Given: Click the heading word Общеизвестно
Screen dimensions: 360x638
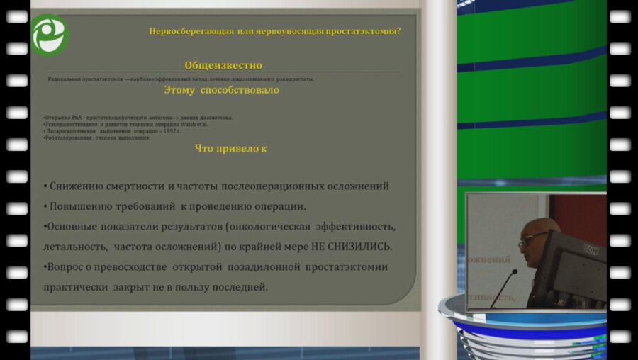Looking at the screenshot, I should click(x=223, y=65).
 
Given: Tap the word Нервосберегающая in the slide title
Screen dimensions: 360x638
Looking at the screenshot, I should click(x=184, y=31).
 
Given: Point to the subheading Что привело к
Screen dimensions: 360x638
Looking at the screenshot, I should click(x=230, y=149).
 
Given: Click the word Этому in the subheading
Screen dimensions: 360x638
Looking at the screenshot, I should click(x=181, y=91).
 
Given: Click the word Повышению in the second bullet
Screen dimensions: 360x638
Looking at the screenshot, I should click(x=80, y=206).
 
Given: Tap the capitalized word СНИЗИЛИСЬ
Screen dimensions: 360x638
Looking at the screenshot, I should click(x=359, y=247).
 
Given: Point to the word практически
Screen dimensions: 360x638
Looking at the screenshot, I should click(x=74, y=287).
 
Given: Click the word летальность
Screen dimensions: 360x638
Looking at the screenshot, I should click(x=74, y=247).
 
